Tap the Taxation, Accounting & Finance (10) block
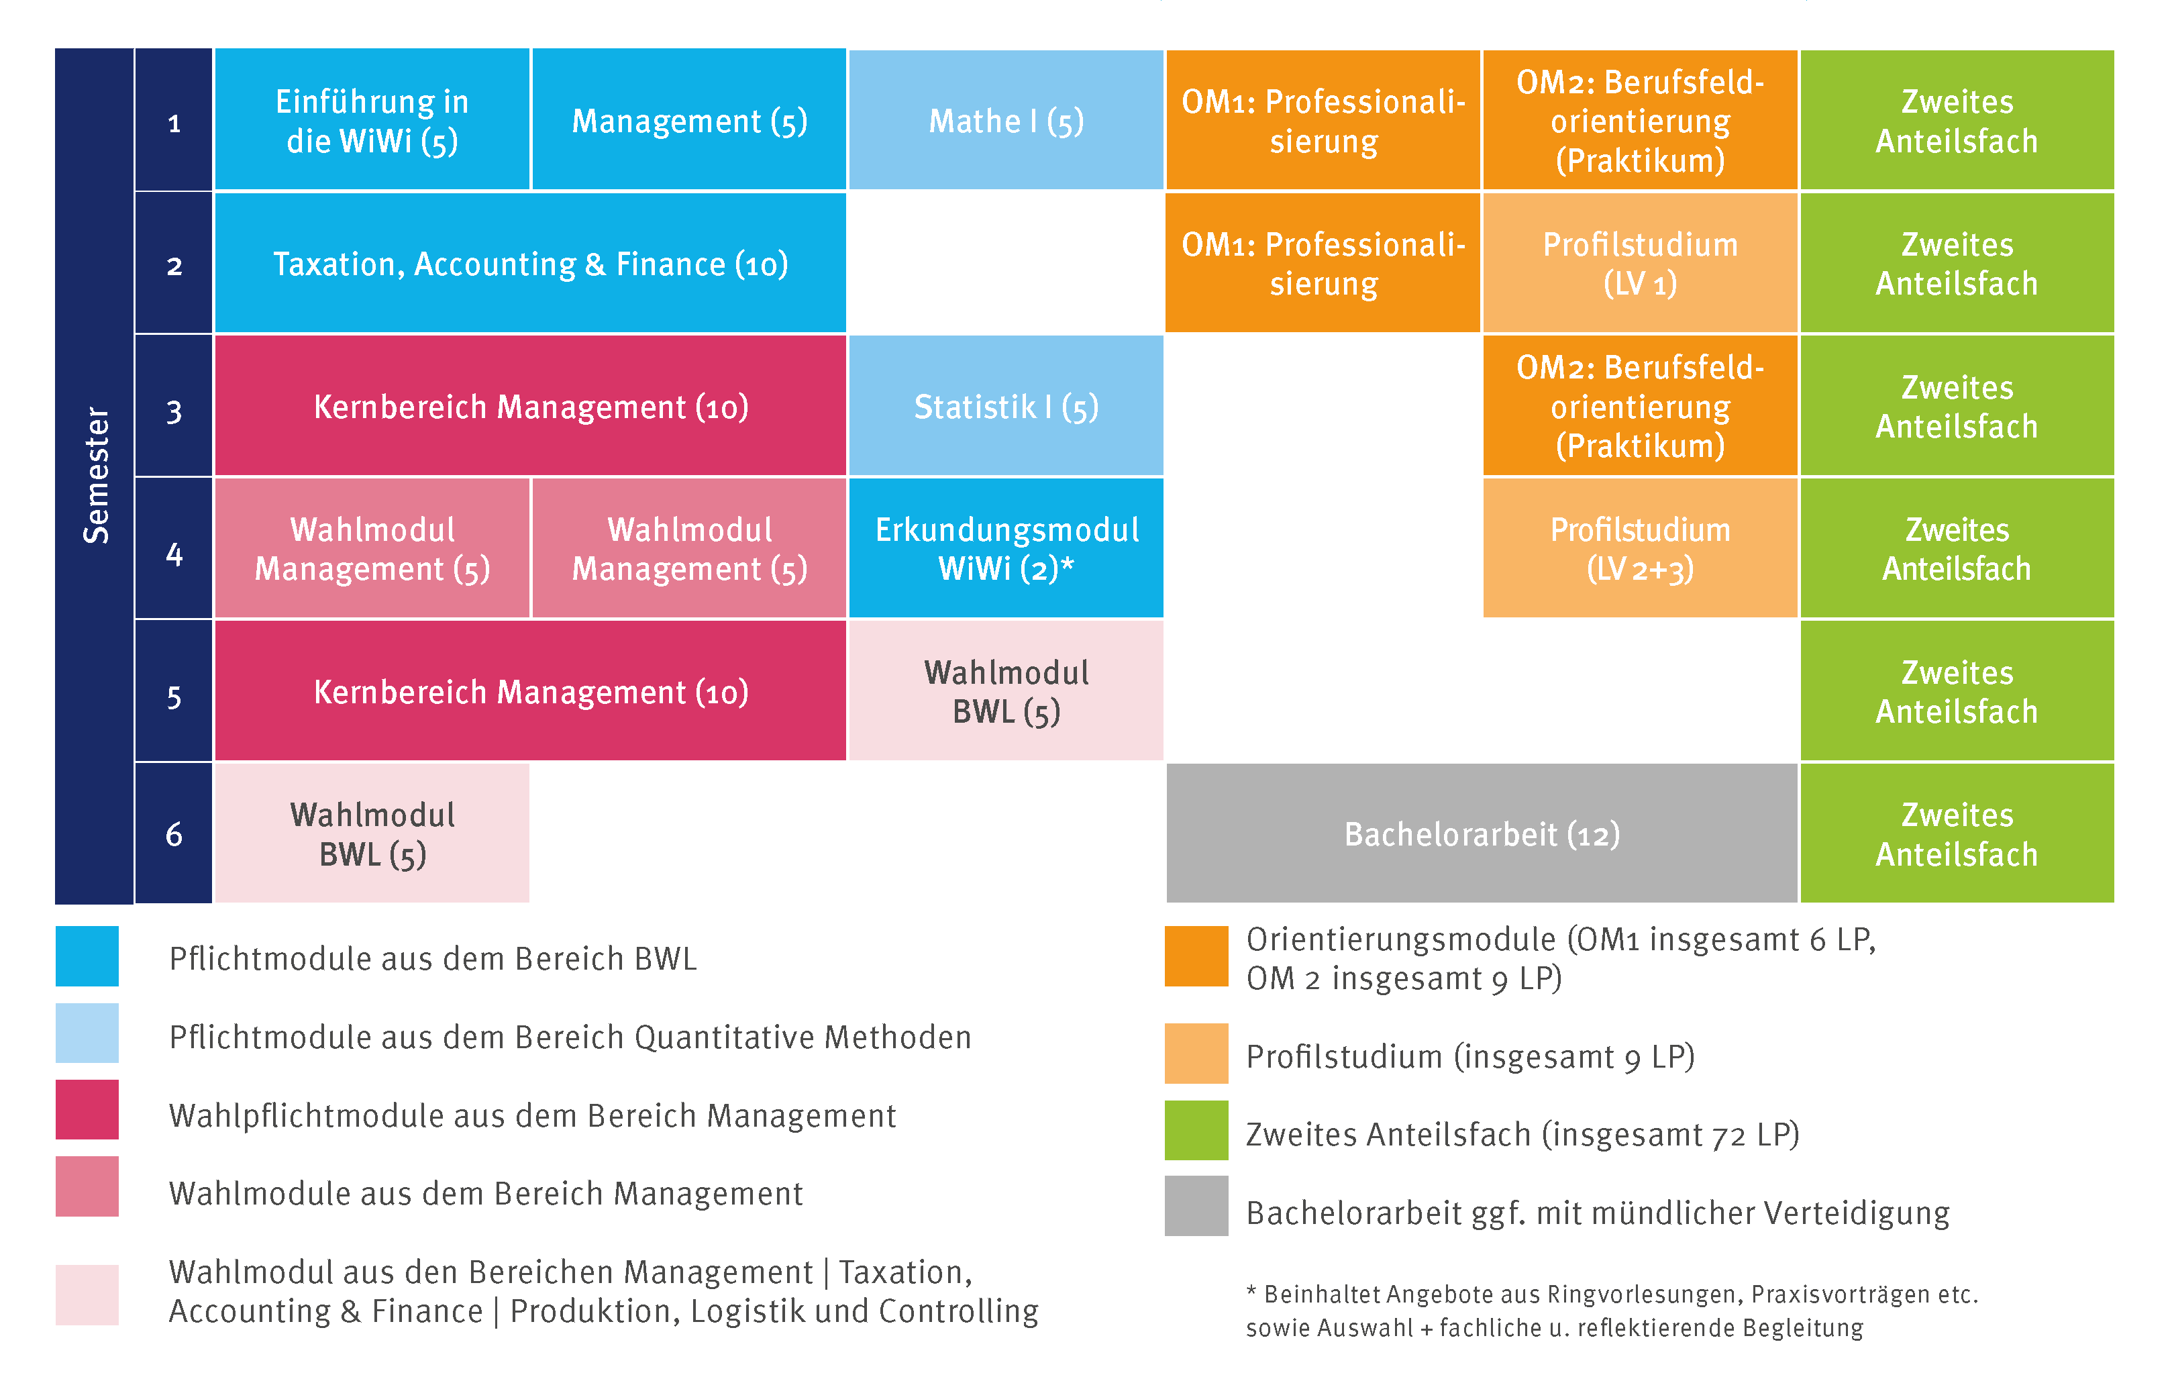tap(531, 263)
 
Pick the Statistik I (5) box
tap(1006, 405)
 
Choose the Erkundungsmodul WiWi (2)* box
tap(1006, 548)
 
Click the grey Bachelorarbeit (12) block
tap(1482, 833)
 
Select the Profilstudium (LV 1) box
tap(1640, 263)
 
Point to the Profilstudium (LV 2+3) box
tap(1640, 548)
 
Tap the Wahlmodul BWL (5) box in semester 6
tap(372, 833)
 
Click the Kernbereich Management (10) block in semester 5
tap(531, 691)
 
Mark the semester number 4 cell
tap(174, 548)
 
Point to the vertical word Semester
tap(95, 476)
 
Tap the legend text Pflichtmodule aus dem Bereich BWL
tap(433, 959)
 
